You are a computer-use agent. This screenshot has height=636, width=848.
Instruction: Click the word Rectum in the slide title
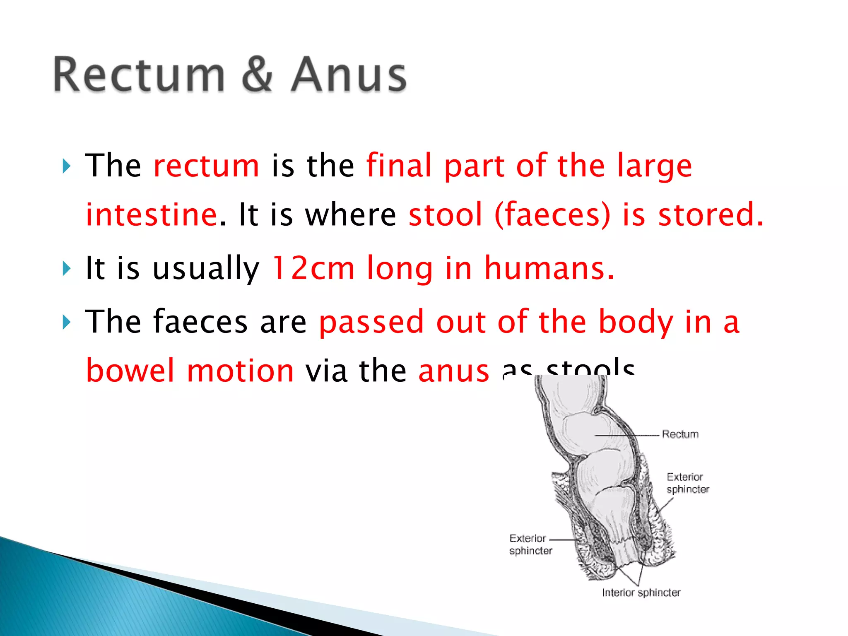(139, 75)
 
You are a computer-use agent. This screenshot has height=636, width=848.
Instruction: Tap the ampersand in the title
(257, 75)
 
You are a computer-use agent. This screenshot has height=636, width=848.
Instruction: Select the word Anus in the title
(349, 75)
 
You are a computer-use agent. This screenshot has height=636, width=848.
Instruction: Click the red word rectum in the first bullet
(206, 166)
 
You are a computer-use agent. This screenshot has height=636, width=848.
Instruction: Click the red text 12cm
(313, 269)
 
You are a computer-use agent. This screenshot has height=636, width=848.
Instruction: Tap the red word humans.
(549, 269)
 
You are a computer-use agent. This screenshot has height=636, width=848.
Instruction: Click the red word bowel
(130, 370)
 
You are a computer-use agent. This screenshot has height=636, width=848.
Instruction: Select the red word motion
(240, 370)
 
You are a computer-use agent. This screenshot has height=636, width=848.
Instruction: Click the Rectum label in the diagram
(680, 434)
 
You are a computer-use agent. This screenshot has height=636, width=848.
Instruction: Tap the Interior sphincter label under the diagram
(641, 593)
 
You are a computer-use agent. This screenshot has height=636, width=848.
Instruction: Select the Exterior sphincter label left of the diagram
(530, 544)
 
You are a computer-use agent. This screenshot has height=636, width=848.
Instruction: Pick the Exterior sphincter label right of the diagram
(687, 483)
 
